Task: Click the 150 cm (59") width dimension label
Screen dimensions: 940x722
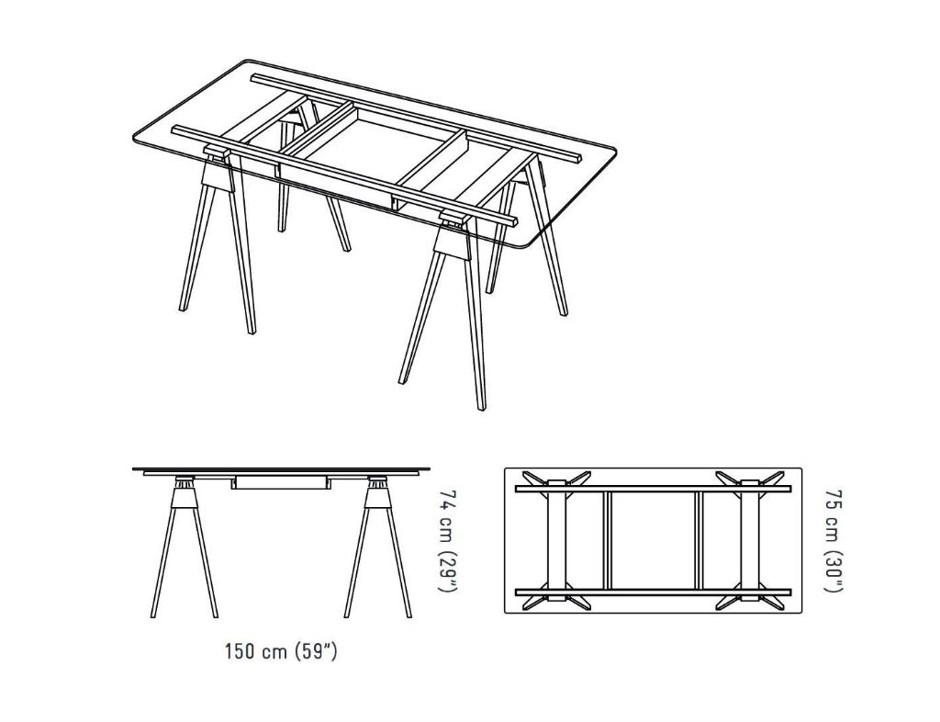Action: (x=281, y=651)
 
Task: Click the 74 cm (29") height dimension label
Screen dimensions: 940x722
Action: (x=448, y=540)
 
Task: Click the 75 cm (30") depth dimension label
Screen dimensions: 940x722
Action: (x=834, y=540)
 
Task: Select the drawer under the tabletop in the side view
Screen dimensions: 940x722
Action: (x=279, y=483)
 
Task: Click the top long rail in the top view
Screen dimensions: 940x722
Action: (x=653, y=489)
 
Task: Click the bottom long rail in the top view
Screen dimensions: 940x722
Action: (x=653, y=592)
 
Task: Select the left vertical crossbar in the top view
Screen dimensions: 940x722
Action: (x=608, y=540)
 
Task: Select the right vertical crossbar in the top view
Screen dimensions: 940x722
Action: (x=699, y=540)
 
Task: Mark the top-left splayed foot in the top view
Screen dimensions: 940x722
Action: (x=535, y=479)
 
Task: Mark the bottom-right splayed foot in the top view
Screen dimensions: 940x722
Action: (x=771, y=602)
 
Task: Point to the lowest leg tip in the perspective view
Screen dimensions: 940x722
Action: (x=481, y=408)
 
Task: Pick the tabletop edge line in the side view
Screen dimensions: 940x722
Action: (x=281, y=468)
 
